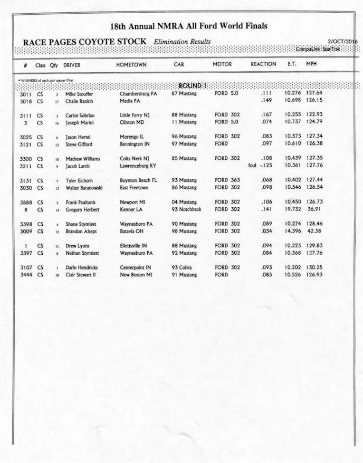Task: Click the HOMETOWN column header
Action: [x=131, y=64]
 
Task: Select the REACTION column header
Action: [x=263, y=64]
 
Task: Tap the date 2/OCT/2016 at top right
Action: [x=342, y=42]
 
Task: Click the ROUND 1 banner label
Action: [x=193, y=85]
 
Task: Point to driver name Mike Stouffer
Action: [x=79, y=94]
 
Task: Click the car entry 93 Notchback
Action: [x=186, y=209]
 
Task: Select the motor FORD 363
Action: [x=227, y=180]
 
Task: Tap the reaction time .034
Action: [x=267, y=230]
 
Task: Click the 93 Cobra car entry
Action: [x=182, y=267]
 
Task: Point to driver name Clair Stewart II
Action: [x=83, y=274]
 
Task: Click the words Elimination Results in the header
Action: [x=182, y=42]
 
